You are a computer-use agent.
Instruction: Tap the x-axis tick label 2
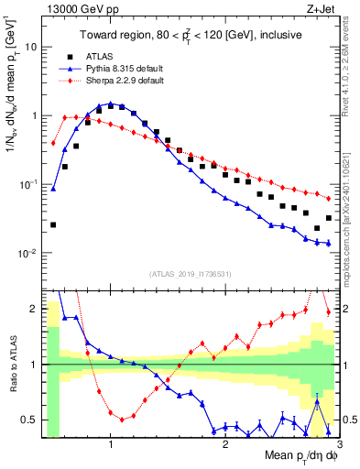[x=225, y=445]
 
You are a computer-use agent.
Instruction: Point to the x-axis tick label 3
[x=340, y=445]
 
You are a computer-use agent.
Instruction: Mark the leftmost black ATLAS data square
[x=53, y=224]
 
